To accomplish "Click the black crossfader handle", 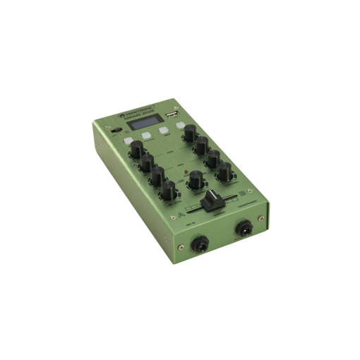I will coord(210,200).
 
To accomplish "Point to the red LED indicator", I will coord(185,172).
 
